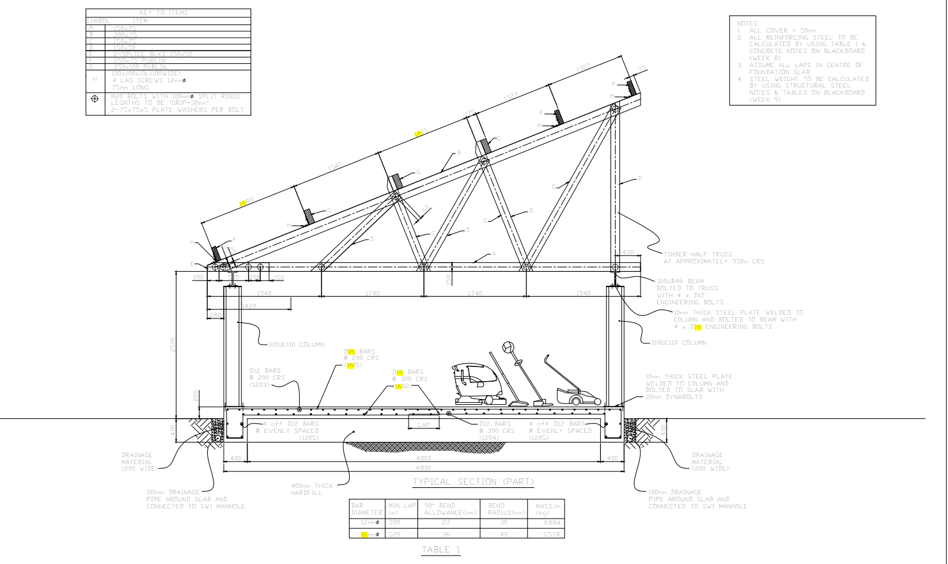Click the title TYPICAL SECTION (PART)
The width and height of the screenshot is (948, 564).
point(473,482)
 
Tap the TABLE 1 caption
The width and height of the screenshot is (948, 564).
point(441,550)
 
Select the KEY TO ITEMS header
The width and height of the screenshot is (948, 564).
point(164,13)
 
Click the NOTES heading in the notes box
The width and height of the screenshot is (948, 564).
point(747,24)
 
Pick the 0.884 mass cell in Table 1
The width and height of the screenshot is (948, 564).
point(552,523)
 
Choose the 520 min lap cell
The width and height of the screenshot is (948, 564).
point(394,534)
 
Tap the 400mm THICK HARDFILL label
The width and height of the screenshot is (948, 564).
point(312,489)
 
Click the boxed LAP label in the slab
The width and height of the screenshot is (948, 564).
point(424,425)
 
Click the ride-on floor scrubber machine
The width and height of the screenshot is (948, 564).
point(478,384)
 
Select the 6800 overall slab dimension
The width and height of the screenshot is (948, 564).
point(424,468)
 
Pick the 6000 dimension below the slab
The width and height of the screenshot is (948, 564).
point(424,458)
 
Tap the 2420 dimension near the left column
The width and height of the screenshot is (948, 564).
point(249,306)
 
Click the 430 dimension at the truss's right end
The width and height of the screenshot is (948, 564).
point(628,253)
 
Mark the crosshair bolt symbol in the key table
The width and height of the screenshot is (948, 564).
point(95,99)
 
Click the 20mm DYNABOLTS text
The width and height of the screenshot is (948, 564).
point(674,397)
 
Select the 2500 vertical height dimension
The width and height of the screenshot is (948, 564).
point(173,344)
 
